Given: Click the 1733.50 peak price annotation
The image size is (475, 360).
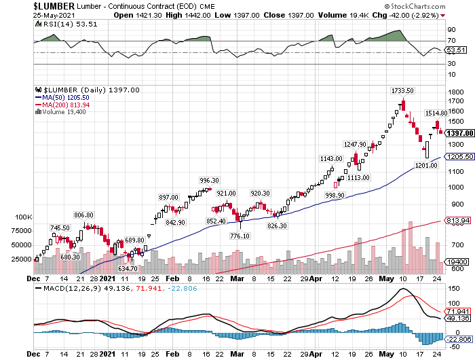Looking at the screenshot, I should [402, 90].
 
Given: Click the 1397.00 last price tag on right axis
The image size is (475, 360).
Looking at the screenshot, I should [459, 132].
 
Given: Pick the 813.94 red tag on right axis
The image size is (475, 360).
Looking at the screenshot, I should [457, 220].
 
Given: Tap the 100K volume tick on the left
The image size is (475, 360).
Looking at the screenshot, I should [23, 217].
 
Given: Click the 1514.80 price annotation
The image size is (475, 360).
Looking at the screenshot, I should [436, 113].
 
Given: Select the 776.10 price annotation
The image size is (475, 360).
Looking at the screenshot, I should [240, 236].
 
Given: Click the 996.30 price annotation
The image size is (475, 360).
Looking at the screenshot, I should [209, 180].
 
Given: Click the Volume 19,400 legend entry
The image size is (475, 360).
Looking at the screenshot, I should [62, 112].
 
